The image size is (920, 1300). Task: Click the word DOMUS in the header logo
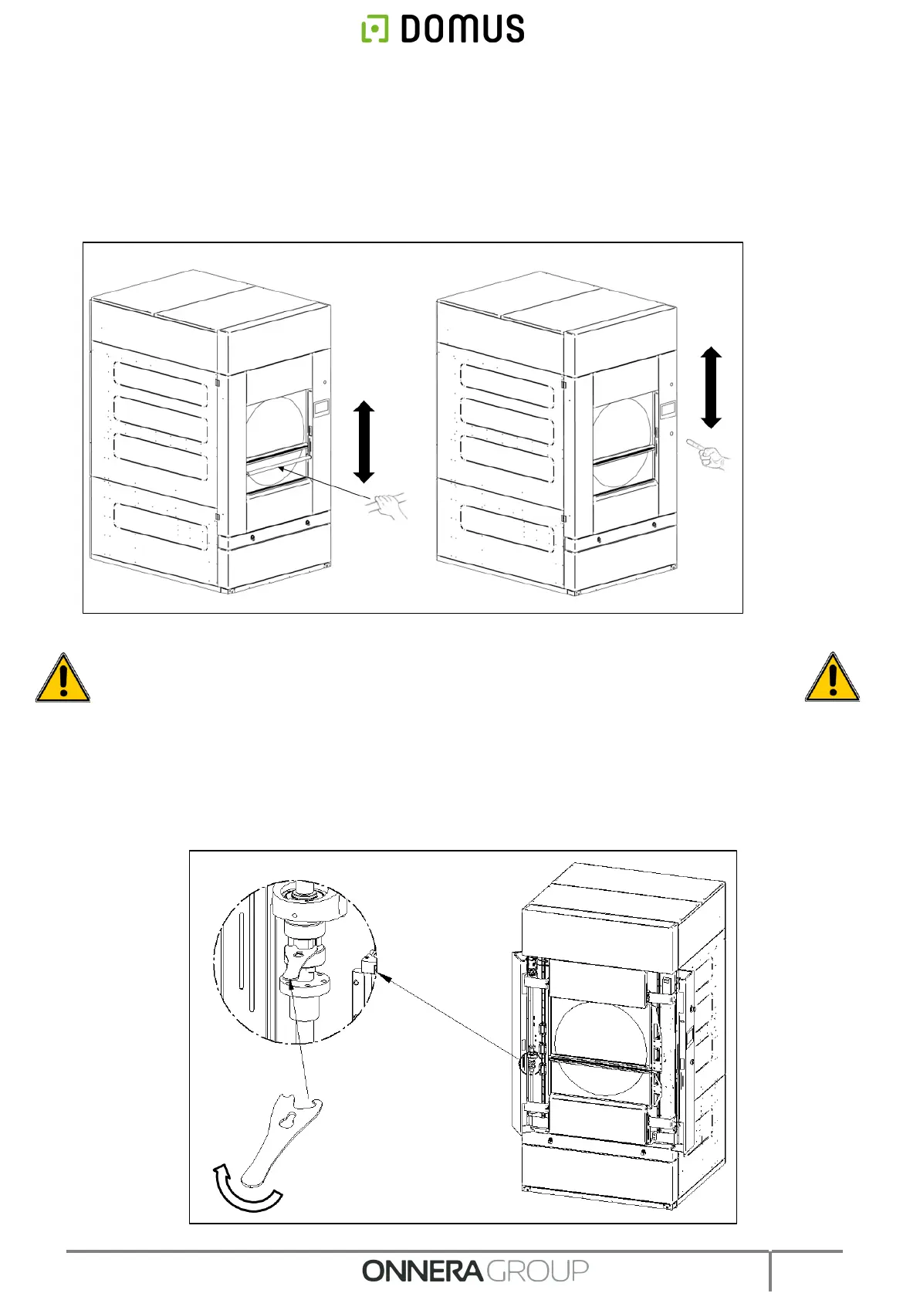(x=462, y=29)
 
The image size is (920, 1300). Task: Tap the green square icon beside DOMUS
(x=375, y=29)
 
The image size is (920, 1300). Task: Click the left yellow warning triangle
(x=63, y=678)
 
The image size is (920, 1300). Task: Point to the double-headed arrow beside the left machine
(x=364, y=442)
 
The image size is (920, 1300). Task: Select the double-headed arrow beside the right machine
(x=711, y=388)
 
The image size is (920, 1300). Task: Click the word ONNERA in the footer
(x=422, y=1271)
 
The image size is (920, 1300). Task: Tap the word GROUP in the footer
(x=538, y=1271)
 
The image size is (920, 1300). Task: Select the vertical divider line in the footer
(x=769, y=1270)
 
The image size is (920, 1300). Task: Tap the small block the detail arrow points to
(x=368, y=964)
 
